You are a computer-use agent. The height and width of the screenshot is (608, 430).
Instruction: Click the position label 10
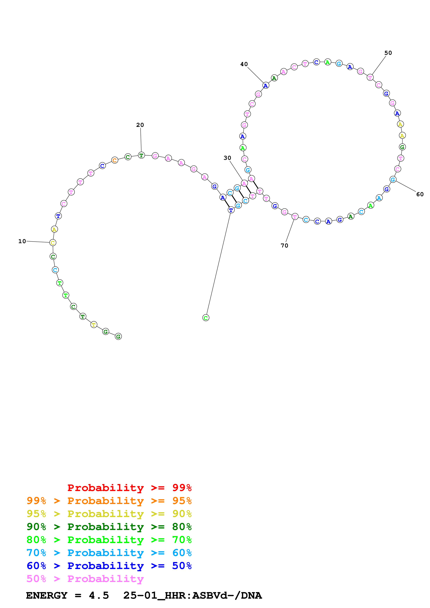pyautogui.click(x=22, y=241)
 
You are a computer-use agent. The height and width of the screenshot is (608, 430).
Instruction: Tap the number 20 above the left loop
pyautogui.click(x=140, y=125)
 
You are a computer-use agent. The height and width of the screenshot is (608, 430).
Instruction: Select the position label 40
pyautogui.click(x=244, y=64)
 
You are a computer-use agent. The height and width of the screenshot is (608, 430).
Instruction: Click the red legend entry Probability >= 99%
pyautogui.click(x=129, y=488)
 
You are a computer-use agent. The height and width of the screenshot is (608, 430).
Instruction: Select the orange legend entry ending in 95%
pyautogui.click(x=109, y=501)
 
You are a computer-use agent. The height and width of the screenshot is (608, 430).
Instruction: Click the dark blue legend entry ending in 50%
pyautogui.click(x=109, y=566)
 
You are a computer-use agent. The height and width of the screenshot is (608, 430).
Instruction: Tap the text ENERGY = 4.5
pyautogui.click(x=67, y=596)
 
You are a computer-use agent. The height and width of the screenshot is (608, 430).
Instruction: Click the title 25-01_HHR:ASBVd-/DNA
pyautogui.click(x=192, y=596)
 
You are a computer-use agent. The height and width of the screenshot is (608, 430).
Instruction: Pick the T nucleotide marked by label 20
pyautogui.click(x=141, y=155)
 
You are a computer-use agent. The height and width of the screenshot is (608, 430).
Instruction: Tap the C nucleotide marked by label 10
pyautogui.click(x=53, y=243)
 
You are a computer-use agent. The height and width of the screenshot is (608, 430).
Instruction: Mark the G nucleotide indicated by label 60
pyautogui.click(x=393, y=180)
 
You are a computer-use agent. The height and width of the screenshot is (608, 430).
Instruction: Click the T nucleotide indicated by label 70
pyautogui.click(x=295, y=217)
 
